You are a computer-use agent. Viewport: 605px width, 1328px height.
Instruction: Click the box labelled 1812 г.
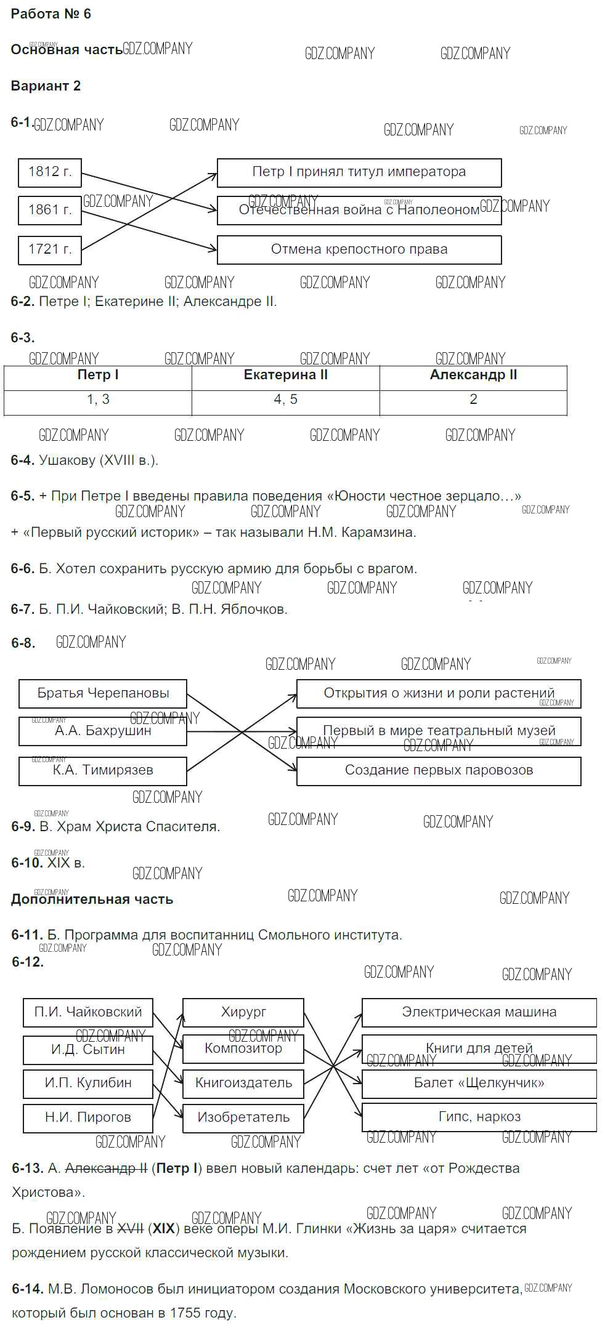pyautogui.click(x=50, y=172)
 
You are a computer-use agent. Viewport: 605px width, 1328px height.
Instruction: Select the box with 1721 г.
pyautogui.click(x=50, y=249)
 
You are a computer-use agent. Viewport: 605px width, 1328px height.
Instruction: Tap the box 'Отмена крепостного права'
pyautogui.click(x=359, y=249)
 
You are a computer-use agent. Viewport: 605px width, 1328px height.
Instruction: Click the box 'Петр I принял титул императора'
pyautogui.click(x=359, y=172)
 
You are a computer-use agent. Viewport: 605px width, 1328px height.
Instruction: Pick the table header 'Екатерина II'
pyautogui.click(x=285, y=376)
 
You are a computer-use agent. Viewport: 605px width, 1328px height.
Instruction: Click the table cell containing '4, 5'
pyautogui.click(x=285, y=400)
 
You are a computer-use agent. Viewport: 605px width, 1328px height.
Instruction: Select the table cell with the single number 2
pyautogui.click(x=473, y=400)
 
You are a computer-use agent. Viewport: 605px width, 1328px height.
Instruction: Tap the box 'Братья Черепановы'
pyautogui.click(x=103, y=693)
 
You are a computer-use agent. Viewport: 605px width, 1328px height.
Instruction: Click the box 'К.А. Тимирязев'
pyautogui.click(x=103, y=770)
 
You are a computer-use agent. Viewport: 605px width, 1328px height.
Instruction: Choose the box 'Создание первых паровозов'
pyautogui.click(x=439, y=770)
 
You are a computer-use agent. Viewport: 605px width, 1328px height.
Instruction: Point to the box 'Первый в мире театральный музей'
pyautogui.click(x=439, y=731)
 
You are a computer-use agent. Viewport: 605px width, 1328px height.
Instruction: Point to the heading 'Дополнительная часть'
pyautogui.click(x=92, y=899)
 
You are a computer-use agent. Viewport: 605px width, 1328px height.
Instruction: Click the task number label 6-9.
pyautogui.click(x=23, y=827)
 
